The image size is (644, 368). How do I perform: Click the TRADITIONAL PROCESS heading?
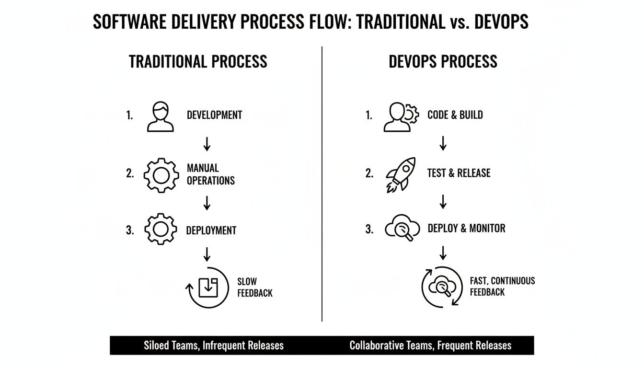198,62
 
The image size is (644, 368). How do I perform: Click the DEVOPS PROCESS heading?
443,62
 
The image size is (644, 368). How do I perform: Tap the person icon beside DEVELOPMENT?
161,116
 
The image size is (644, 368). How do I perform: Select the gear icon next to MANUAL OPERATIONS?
161,175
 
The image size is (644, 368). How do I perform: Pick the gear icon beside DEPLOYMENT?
161,230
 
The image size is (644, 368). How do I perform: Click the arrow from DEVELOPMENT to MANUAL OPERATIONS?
207,144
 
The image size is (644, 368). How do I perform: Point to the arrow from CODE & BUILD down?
443,143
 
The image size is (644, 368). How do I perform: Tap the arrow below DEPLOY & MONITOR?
443,253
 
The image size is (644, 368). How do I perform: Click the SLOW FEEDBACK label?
254,287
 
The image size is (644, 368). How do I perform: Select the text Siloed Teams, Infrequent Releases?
214,345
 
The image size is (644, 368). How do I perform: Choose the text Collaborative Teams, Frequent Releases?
430,345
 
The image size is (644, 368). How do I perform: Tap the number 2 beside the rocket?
369,173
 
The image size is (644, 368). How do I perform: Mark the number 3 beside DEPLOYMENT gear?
130,230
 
